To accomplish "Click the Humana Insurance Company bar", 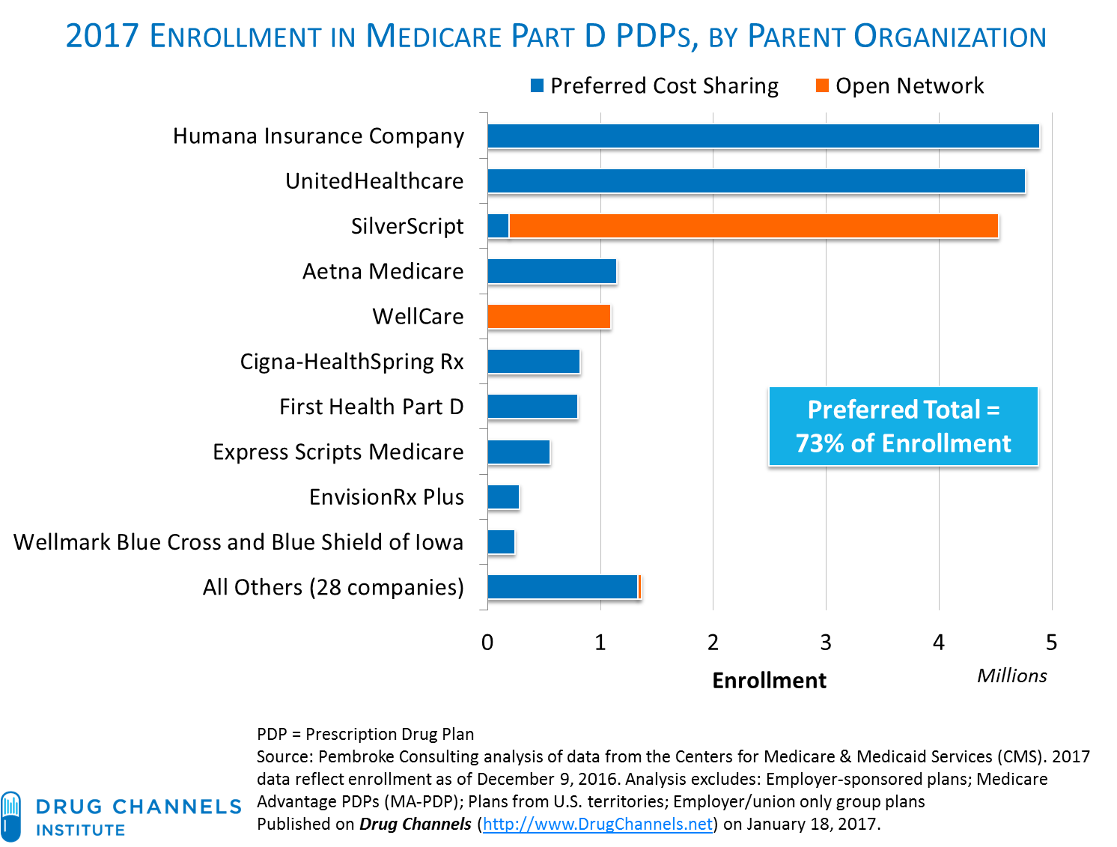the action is point(763,136).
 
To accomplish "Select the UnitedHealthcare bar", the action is point(755,180).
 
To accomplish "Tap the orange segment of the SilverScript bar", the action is point(753,226).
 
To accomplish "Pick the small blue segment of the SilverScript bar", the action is point(498,226).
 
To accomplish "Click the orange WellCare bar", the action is point(549,316).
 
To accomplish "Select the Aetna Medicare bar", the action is point(552,271).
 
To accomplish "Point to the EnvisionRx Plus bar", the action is point(503,497).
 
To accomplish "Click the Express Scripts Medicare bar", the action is point(519,452).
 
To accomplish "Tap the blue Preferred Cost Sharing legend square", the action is point(537,85).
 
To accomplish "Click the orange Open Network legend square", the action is point(822,85).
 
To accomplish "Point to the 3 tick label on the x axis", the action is point(826,643).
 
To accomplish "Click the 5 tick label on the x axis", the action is point(1051,643).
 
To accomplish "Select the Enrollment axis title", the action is point(769,681).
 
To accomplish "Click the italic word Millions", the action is point(1011,676).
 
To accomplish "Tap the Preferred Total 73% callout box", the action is point(904,427).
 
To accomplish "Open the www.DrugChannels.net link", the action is point(597,824).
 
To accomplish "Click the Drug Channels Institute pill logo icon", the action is point(10,816).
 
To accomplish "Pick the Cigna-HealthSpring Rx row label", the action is point(352,362).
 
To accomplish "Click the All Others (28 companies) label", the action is point(333,587).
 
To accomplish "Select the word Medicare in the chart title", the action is point(433,37).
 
